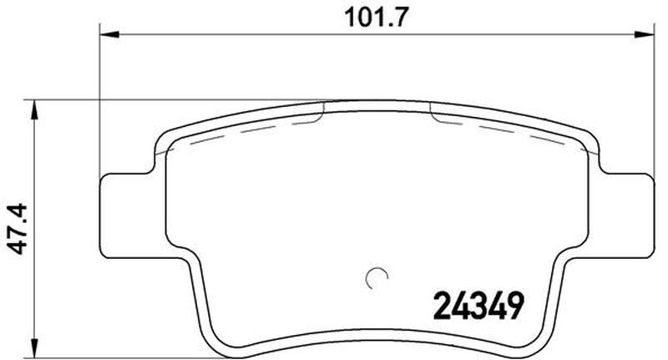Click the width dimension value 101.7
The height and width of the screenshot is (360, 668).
(x=377, y=18)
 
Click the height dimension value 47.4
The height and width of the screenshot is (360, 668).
(x=18, y=229)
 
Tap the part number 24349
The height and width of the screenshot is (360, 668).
(x=478, y=306)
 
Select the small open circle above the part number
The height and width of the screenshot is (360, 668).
(x=377, y=278)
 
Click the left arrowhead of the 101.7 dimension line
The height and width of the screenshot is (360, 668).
(x=109, y=34)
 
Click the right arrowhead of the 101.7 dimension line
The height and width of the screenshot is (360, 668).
(x=643, y=34)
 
